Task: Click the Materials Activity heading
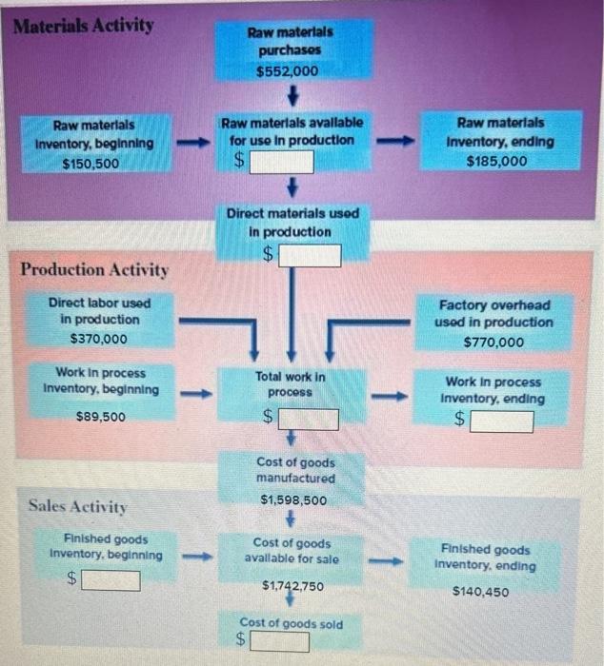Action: pos(84,25)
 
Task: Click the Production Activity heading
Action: pos(94,269)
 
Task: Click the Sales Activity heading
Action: pos(77,505)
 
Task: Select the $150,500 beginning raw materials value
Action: pos(92,164)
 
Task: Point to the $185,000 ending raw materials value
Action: pos(496,161)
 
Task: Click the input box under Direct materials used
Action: pos(310,255)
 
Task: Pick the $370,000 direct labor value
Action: pos(98,338)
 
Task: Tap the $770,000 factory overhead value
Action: pos(493,342)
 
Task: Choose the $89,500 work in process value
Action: pos(100,417)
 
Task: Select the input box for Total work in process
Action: pos(308,419)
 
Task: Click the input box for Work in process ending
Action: pos(502,421)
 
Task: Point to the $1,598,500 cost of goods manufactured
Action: pos(293,499)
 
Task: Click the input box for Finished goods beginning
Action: pos(111,579)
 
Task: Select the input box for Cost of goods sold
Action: pos(280,642)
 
